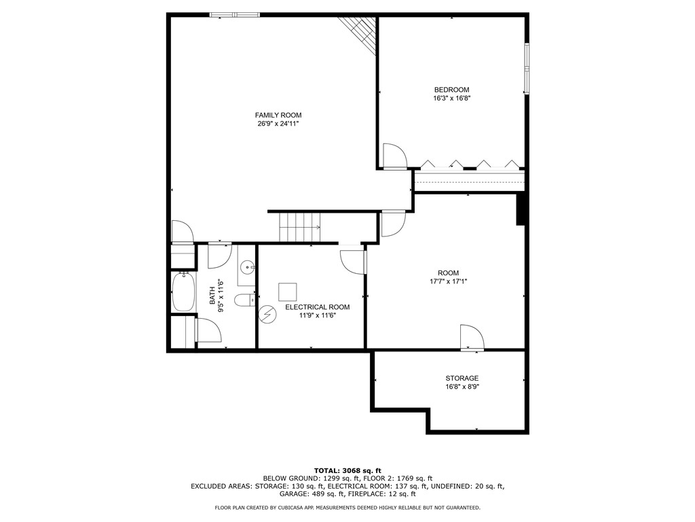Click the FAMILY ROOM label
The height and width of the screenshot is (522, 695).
[278, 115]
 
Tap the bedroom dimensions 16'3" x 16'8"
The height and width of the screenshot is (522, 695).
[452, 99]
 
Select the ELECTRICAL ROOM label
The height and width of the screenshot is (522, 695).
[317, 307]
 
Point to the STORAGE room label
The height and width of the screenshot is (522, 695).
[462, 378]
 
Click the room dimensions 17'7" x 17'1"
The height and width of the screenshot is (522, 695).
[449, 281]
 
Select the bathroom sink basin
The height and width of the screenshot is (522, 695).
[247, 267]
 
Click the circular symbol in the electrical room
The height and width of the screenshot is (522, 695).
[268, 314]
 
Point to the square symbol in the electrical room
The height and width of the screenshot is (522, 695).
[287, 292]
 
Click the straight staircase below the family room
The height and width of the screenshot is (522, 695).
[299, 226]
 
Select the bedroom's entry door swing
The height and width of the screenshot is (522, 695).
[394, 156]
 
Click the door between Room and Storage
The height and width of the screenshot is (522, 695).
[471, 338]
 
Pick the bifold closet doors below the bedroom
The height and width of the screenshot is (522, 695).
[470, 164]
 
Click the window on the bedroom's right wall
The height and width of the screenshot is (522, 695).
[526, 69]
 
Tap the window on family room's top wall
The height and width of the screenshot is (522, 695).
[234, 14]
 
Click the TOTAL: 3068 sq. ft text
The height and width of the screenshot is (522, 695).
[347, 470]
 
